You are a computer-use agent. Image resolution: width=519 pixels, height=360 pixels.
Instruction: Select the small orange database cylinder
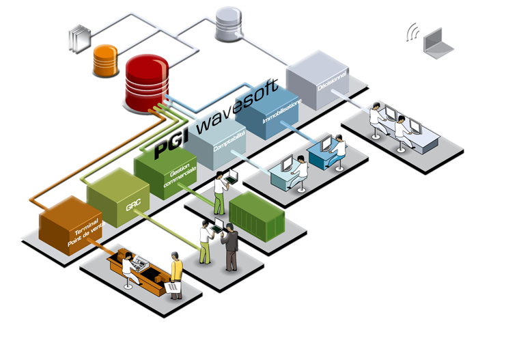pos(106,60)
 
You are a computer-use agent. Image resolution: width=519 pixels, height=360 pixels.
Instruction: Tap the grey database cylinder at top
pos(228,23)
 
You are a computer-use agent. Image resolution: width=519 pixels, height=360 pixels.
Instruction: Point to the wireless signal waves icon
pos(412,32)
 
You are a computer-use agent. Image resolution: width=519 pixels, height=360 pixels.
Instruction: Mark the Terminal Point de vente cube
pos(69,230)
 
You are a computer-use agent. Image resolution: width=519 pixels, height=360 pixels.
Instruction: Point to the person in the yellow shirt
pos(176,268)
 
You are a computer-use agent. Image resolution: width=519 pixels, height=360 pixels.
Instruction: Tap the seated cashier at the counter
pos(128,271)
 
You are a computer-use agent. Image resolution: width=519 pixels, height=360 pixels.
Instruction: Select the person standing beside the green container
pos(219,192)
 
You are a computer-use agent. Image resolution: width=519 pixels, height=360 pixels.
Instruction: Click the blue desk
pos(324,154)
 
